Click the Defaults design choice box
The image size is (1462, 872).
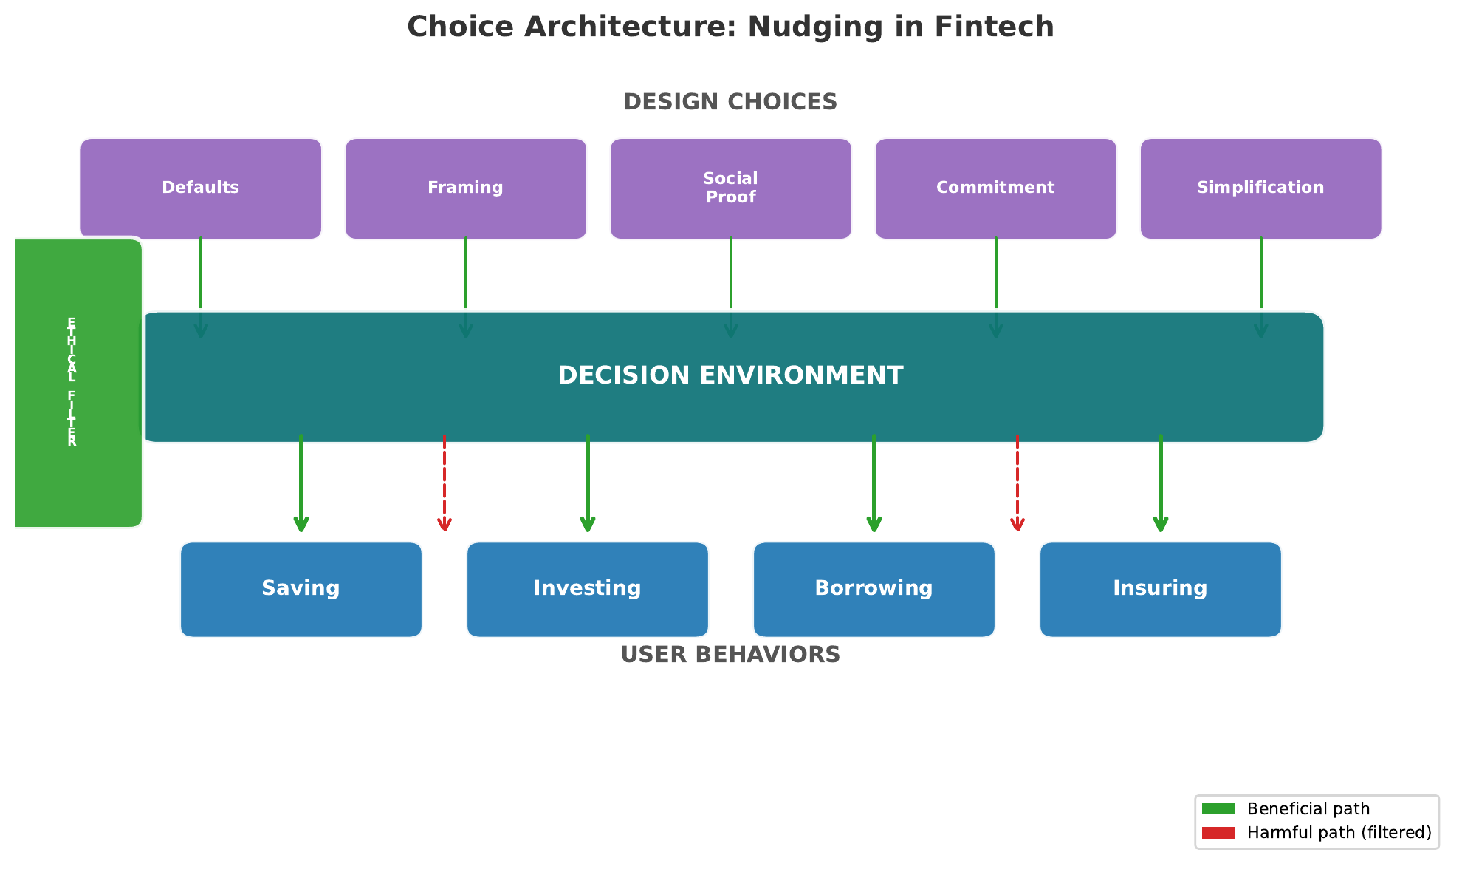201,188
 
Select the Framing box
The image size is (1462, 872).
466,188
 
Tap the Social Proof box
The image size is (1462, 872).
731,188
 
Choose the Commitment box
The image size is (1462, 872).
996,188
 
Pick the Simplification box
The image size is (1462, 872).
1260,188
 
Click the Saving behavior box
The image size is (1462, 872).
301,589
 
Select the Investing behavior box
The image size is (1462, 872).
588,589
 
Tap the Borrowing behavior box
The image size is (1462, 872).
874,589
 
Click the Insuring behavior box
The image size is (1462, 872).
1161,589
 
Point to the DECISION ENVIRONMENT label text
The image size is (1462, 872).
730,375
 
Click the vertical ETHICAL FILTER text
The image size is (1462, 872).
72,382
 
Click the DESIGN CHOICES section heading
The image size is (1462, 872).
730,102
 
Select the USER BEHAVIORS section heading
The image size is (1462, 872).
730,655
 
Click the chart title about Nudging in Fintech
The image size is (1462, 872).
730,27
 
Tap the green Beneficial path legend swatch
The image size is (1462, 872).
1218,809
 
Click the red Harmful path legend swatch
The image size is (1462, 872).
1218,833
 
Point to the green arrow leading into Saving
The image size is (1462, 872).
301,484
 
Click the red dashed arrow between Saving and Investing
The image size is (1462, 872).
445,484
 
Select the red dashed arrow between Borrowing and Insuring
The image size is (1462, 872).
1017,484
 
